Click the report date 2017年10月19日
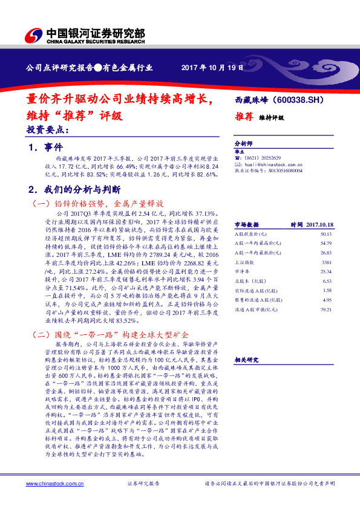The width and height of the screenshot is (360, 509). pos(212,68)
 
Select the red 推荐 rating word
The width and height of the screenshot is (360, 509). pos(243,118)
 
